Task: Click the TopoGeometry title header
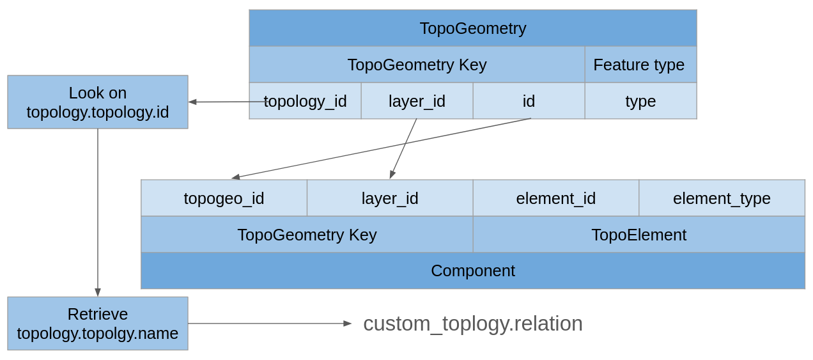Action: click(x=473, y=28)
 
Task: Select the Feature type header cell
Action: click(x=640, y=65)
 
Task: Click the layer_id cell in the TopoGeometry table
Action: click(x=417, y=101)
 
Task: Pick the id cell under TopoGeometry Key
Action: click(x=529, y=101)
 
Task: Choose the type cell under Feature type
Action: click(x=640, y=101)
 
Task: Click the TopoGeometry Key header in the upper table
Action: click(x=417, y=65)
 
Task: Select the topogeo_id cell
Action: click(x=224, y=198)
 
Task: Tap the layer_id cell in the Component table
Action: click(x=390, y=198)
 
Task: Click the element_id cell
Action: click(x=555, y=198)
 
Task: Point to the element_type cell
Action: click(x=722, y=198)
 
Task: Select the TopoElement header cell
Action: click(x=639, y=235)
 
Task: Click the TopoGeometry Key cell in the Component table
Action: click(x=307, y=235)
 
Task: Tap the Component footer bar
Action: click(x=473, y=270)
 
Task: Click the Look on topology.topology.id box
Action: click(x=98, y=102)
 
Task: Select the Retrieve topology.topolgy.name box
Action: click(x=98, y=324)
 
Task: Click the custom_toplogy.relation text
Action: click(x=473, y=324)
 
